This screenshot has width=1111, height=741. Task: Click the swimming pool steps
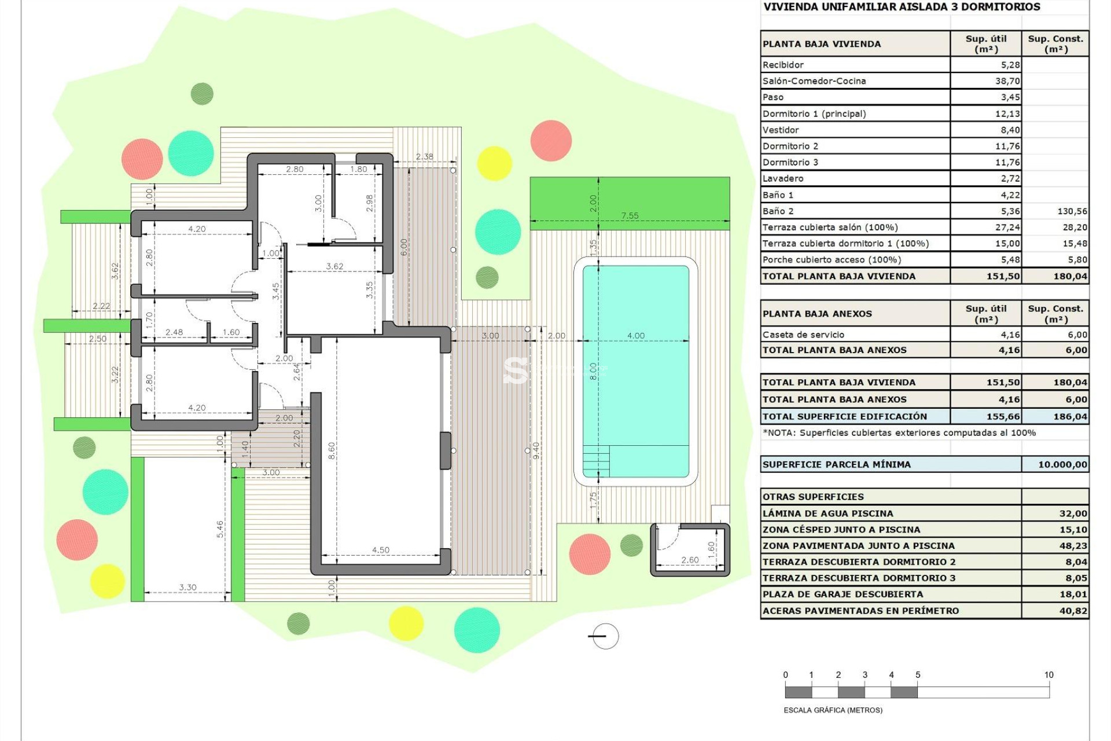tap(595, 461)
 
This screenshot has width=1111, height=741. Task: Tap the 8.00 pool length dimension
tap(593, 371)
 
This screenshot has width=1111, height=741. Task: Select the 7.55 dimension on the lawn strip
tap(630, 216)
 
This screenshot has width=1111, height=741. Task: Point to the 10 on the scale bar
tap(1049, 675)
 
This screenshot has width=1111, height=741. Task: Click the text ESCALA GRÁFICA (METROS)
tap(833, 710)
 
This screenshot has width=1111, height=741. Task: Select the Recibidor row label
tap(783, 65)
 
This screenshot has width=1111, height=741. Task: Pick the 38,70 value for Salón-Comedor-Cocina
tap(1007, 81)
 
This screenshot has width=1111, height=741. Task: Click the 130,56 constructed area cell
tap(1072, 211)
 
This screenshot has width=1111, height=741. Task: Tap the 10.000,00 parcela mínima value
tap(1062, 464)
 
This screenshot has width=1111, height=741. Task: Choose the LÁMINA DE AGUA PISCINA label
tap(827, 513)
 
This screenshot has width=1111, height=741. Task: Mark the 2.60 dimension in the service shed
tap(690, 560)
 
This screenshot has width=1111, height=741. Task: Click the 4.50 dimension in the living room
tap(380, 550)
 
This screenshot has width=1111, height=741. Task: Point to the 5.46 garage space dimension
tap(220, 529)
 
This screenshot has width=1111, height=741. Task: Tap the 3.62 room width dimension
tap(334, 266)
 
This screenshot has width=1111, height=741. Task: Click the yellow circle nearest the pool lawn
tap(494, 163)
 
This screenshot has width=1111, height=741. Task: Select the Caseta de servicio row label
tap(803, 335)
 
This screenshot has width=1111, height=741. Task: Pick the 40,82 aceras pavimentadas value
tap(1073, 611)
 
